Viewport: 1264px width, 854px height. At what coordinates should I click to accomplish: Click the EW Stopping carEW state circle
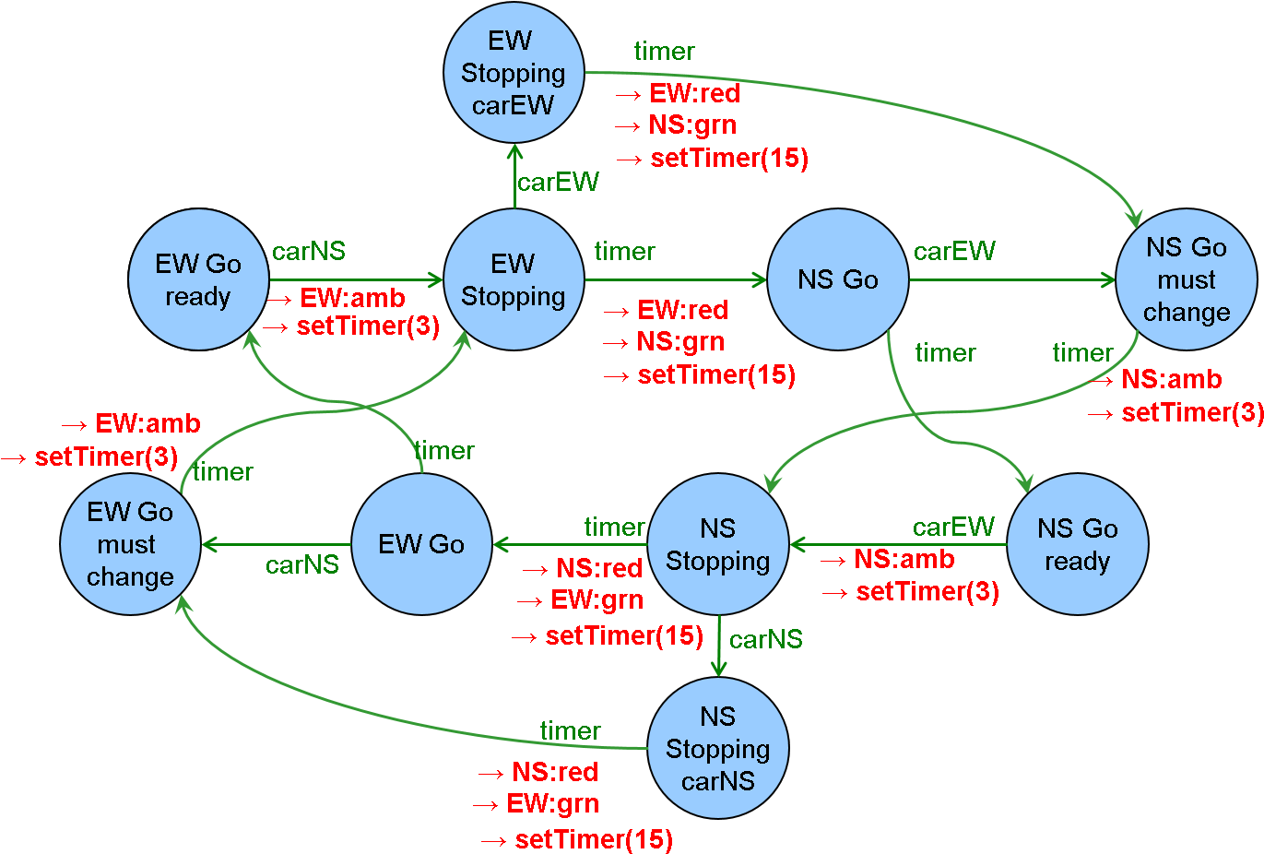514,73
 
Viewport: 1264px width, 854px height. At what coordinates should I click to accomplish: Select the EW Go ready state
198,279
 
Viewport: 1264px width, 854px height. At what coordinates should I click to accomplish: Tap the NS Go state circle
837,279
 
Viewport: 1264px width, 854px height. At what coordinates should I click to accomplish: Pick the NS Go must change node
1186,279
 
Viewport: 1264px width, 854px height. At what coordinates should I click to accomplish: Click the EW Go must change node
130,544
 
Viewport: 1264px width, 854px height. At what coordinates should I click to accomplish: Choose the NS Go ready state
1077,544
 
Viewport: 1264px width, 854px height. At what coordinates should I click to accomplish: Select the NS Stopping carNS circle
718,748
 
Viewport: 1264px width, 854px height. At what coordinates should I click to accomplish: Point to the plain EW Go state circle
421,544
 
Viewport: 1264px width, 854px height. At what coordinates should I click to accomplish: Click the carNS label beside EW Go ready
309,251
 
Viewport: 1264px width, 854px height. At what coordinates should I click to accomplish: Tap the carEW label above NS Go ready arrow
953,527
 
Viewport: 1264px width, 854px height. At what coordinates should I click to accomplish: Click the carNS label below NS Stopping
765,639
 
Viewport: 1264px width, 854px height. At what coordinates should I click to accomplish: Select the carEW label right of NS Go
954,251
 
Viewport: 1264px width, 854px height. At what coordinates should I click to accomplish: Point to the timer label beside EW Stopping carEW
664,52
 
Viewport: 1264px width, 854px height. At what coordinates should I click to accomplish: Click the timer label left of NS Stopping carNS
570,730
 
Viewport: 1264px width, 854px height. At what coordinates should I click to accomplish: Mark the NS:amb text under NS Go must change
1171,379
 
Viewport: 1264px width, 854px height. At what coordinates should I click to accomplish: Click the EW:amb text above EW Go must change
148,423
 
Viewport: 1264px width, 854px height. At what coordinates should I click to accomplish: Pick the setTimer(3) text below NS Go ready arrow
927,591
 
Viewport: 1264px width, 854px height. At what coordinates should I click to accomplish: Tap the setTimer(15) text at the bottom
594,839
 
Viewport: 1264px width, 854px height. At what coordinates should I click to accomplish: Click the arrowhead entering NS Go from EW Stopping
760,279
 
